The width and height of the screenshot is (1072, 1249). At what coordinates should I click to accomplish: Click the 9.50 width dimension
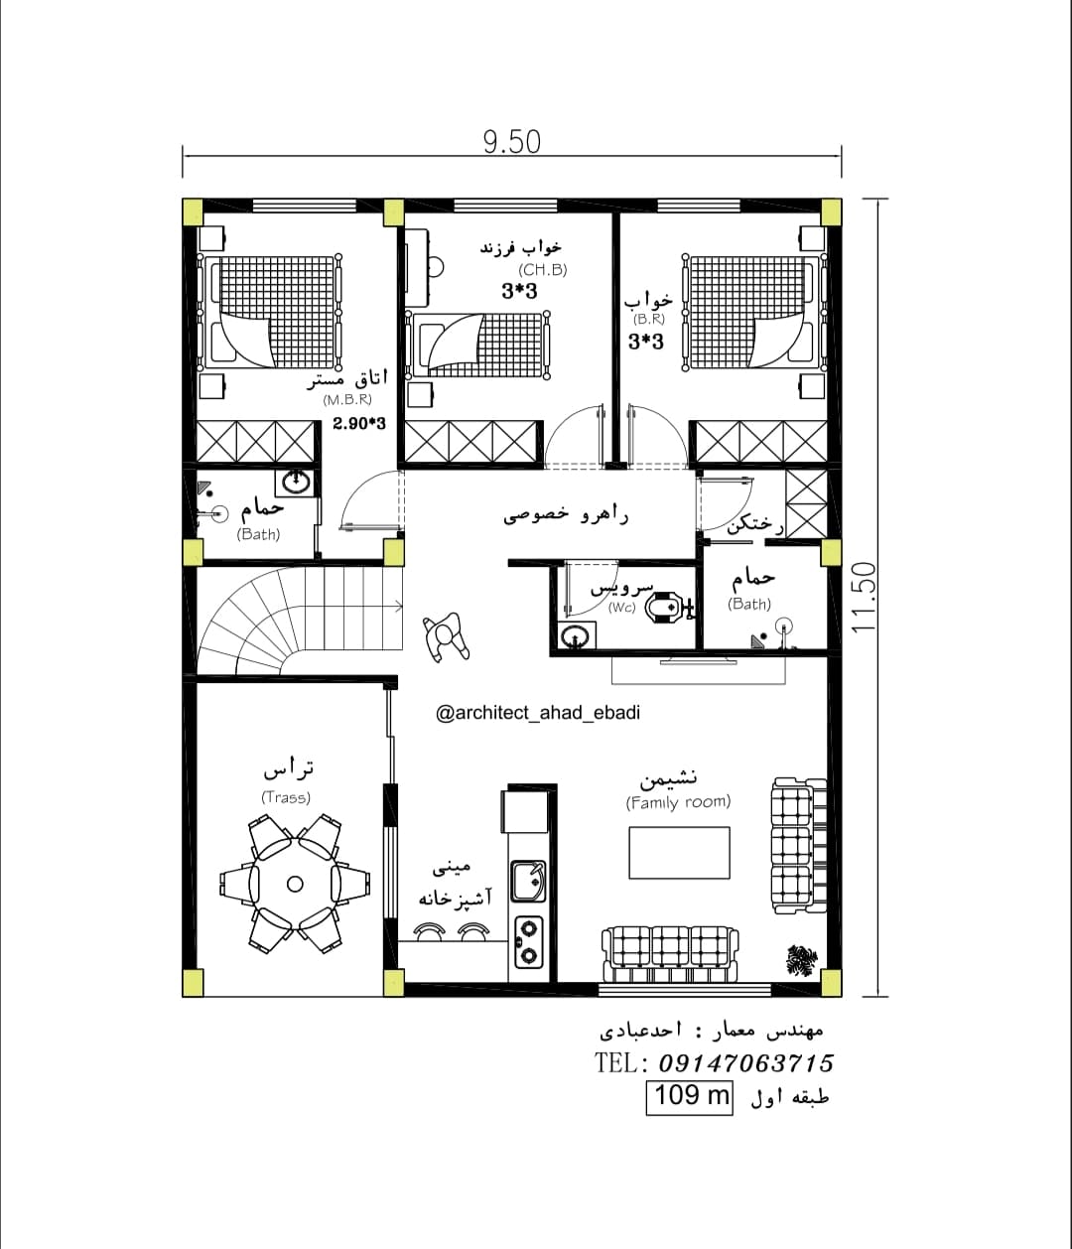point(511,143)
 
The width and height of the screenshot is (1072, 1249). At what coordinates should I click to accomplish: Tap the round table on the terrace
point(295,884)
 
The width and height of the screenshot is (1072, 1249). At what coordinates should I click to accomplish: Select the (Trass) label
point(286,797)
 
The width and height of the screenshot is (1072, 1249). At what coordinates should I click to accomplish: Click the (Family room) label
point(678,802)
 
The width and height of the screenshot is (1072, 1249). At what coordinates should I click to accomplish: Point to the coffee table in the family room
point(679,853)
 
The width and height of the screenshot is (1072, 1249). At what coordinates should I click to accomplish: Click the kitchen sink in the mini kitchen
point(529,881)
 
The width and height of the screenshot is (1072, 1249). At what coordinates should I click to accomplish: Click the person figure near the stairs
point(446,636)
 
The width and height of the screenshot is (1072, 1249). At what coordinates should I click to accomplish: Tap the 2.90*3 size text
point(359,423)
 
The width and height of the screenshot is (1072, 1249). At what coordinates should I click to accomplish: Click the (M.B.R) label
point(347,399)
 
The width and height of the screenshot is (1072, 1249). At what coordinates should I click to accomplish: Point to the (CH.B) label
point(543,269)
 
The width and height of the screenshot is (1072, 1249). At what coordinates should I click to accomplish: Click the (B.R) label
point(649,320)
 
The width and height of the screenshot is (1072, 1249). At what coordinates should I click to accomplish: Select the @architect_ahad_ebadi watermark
point(538,713)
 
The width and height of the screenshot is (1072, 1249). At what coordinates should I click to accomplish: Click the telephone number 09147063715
point(745,1063)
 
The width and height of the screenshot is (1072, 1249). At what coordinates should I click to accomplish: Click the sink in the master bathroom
point(296,482)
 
